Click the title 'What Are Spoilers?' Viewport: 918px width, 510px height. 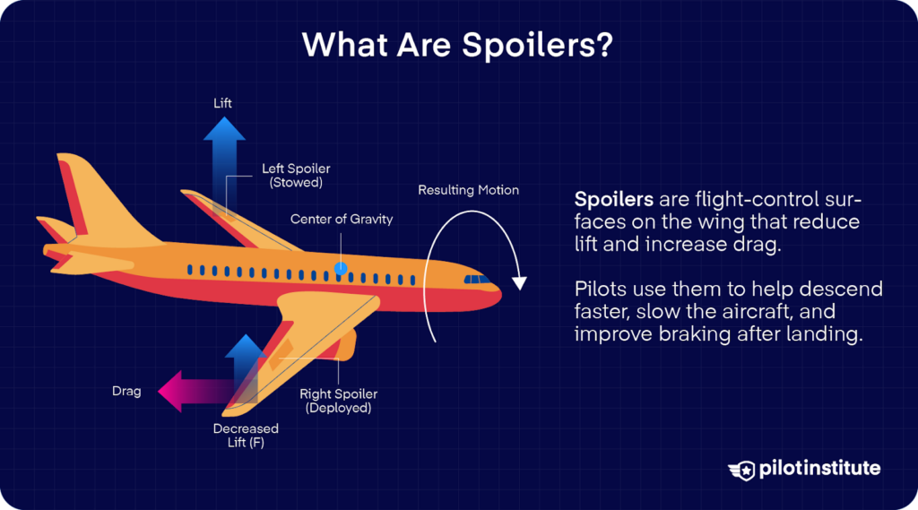(x=458, y=45)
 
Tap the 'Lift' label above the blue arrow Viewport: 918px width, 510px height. (x=222, y=103)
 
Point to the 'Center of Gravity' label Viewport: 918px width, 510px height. (x=342, y=219)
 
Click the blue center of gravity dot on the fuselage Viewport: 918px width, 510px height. (x=340, y=268)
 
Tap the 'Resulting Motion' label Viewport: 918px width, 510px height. (x=468, y=190)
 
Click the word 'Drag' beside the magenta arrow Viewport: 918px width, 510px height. (x=126, y=392)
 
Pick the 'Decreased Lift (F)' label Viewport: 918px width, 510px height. (x=246, y=435)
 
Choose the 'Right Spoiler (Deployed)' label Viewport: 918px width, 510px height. (x=339, y=401)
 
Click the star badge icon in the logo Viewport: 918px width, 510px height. (x=740, y=469)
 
